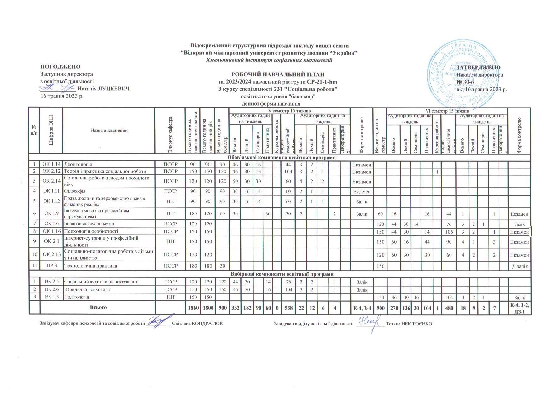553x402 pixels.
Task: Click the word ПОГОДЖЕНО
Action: (x=61, y=67)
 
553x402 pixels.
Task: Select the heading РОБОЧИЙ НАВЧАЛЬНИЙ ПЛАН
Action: (x=278, y=75)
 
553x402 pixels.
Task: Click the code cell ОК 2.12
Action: (x=51, y=171)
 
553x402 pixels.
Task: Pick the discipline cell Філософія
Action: (x=75, y=191)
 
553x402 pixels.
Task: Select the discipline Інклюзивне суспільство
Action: (x=89, y=224)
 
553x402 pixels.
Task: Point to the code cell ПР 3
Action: (x=51, y=266)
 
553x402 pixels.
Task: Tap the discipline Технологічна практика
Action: (x=90, y=266)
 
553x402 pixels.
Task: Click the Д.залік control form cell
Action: (x=519, y=266)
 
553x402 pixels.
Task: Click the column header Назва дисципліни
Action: (x=109, y=130)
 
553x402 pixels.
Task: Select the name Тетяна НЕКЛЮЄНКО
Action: (x=409, y=324)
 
